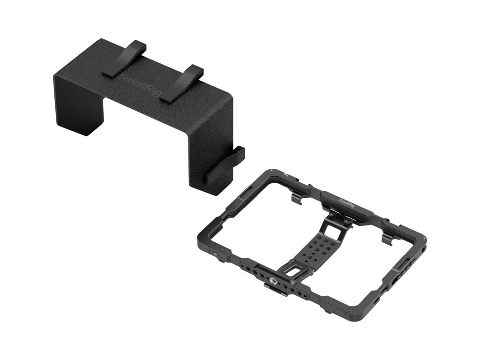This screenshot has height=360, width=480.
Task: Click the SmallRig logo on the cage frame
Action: click(346, 203)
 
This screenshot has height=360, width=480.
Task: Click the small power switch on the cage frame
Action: click(216, 254)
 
